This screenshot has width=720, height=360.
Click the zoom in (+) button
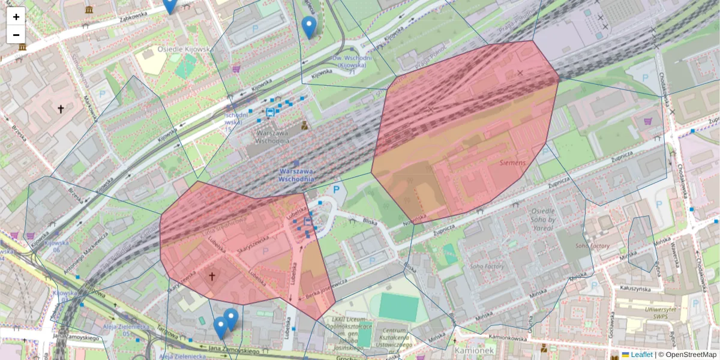(16, 16)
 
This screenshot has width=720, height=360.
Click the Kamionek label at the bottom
(473, 350)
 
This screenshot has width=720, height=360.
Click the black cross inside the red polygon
(211, 276)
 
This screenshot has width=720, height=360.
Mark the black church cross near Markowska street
(60, 109)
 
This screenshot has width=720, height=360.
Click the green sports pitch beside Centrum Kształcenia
(398, 307)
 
